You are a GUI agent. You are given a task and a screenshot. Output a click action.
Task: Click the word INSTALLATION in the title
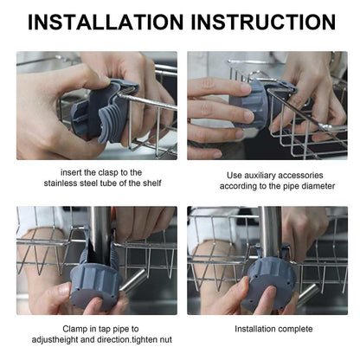point(106,22)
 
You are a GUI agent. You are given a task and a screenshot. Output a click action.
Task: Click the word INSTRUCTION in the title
point(263,22)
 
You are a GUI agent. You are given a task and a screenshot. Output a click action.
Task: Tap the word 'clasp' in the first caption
point(108,173)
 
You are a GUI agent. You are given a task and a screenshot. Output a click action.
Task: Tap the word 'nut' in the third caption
point(166,339)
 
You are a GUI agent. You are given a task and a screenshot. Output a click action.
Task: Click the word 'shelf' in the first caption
point(152,183)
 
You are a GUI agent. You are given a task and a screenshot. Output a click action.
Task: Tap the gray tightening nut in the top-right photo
point(250,105)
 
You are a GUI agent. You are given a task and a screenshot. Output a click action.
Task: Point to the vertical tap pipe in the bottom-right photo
point(270,232)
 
